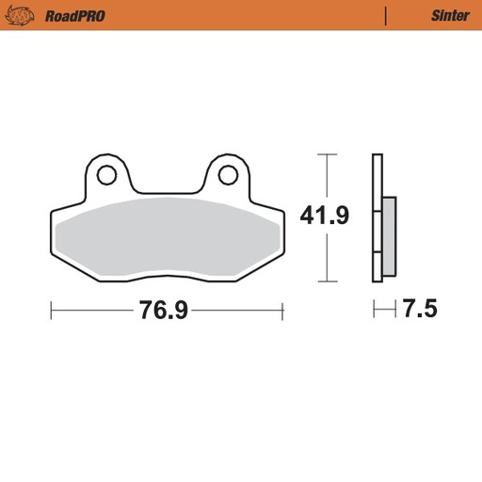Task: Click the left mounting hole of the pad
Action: pyautogui.click(x=106, y=174)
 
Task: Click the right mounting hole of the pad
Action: pyautogui.click(x=226, y=174)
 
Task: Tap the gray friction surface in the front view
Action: pyautogui.click(x=168, y=235)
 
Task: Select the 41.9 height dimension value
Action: pyautogui.click(x=325, y=217)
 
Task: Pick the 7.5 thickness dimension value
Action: pyautogui.click(x=420, y=310)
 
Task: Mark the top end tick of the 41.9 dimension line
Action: pyautogui.click(x=326, y=153)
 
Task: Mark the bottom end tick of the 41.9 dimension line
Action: pyautogui.click(x=326, y=281)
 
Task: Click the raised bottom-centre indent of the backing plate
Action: pyautogui.click(x=167, y=276)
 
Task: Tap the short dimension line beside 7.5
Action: pyautogui.click(x=384, y=309)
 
